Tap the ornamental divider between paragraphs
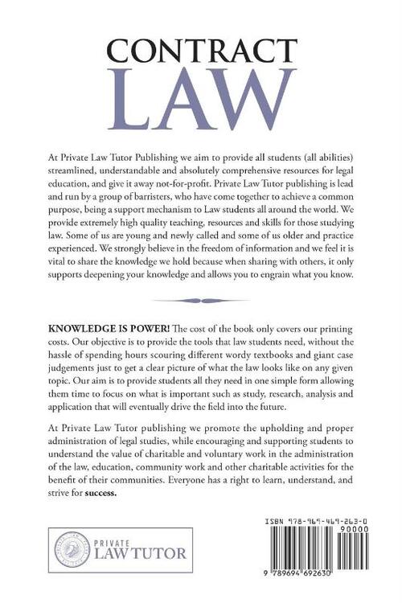pyautogui.click(x=201, y=302)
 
